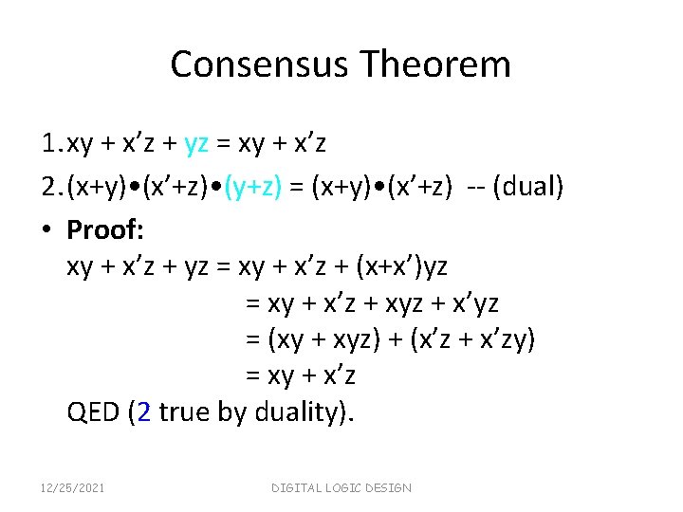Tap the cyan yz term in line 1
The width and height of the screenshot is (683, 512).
(196, 143)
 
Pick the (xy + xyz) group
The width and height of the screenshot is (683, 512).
(323, 339)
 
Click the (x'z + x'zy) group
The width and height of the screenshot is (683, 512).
(472, 339)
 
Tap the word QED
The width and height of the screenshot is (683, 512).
(93, 412)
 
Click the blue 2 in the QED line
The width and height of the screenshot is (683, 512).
(143, 412)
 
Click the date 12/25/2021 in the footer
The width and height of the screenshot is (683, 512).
(72, 487)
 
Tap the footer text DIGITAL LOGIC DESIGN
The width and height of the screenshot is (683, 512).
(341, 487)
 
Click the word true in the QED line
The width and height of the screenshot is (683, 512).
(186, 412)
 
